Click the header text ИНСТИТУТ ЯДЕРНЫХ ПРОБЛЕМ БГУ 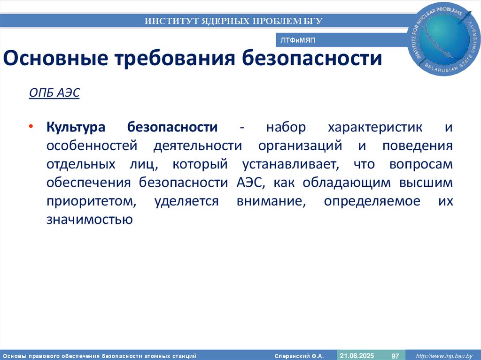coord(233,21)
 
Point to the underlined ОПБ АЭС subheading coord(54,93)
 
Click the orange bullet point coord(31,128)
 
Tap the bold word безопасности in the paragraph coord(172,128)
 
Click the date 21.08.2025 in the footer coord(357,355)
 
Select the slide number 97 coord(395,356)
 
